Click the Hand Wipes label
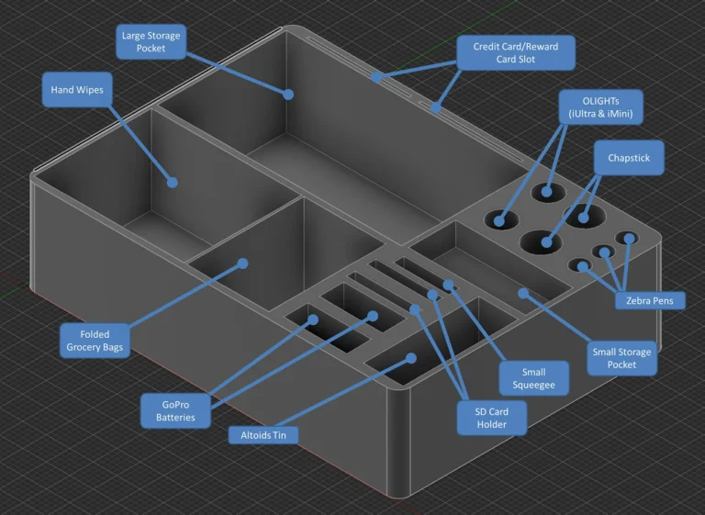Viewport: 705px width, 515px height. click(77, 90)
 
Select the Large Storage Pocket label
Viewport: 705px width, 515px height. click(151, 42)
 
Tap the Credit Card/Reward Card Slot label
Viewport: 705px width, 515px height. click(516, 52)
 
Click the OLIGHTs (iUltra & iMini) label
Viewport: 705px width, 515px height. click(600, 107)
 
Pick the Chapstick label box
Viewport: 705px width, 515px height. click(629, 158)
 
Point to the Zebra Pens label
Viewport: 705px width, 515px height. click(650, 300)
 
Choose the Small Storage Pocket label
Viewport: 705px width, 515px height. click(621, 358)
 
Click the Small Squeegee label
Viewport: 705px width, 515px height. click(534, 378)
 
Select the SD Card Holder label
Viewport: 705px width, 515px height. click(492, 418)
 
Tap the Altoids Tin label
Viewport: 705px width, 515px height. click(263, 435)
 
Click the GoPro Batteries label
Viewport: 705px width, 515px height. click(175, 410)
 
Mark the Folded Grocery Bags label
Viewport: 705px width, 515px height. click(95, 341)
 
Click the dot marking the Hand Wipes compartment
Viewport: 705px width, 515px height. click(173, 182)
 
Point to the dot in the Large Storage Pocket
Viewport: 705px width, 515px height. click(288, 95)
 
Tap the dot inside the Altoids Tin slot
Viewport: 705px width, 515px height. click(411, 358)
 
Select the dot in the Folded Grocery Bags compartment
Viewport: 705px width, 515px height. click(242, 263)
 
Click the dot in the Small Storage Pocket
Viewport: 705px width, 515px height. click(523, 293)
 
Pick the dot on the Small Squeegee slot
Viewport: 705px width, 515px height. click(448, 285)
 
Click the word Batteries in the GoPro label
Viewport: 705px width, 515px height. click(175, 417)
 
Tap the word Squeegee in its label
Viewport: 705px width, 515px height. click(534, 385)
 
